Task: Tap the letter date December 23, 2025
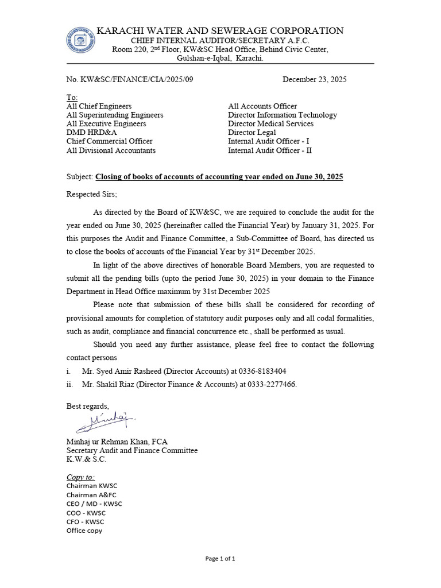click(314, 80)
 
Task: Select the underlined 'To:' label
click(72, 98)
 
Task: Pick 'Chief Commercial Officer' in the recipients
click(110, 141)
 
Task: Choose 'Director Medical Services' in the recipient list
click(270, 123)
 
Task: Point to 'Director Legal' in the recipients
click(252, 133)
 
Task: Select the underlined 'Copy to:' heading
click(81, 477)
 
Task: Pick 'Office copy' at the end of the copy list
click(84, 531)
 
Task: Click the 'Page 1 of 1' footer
click(220, 558)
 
